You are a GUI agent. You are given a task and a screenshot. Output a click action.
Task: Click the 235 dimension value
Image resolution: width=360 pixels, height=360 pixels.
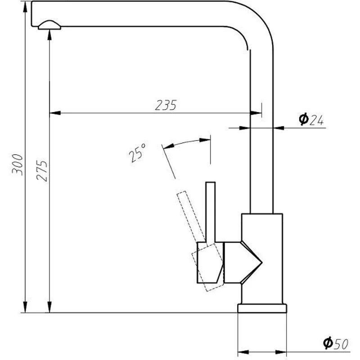click(x=165, y=104)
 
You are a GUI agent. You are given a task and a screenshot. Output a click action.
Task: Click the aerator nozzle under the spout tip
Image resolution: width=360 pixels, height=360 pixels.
click(x=49, y=25)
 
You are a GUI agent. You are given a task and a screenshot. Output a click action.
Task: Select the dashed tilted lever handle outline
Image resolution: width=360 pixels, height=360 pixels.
click(x=186, y=216)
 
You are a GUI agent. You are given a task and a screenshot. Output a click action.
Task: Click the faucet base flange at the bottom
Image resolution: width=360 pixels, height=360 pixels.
click(x=262, y=308)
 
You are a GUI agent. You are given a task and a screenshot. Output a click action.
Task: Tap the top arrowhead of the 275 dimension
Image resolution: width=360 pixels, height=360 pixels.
click(x=49, y=36)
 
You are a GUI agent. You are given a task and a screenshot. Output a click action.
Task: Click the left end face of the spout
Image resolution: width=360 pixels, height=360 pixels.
click(x=31, y=13)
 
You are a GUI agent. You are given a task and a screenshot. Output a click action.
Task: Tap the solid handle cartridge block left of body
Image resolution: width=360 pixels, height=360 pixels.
click(x=209, y=263)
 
